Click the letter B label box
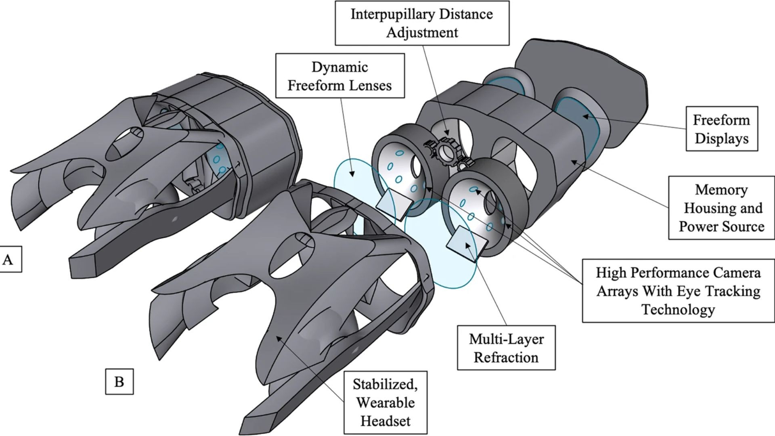pos(119,381)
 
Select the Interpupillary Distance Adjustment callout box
pos(422,23)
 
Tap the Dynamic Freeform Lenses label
pos(339,76)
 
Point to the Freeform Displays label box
pos(721,129)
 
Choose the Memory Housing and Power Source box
pos(721,208)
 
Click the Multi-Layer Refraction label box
pos(506,348)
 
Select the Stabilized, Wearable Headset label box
pos(385,402)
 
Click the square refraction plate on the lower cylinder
pos(464,243)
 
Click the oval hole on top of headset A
pos(127,144)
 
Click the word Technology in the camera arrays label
pos(678,310)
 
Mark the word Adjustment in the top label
pos(422,32)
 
